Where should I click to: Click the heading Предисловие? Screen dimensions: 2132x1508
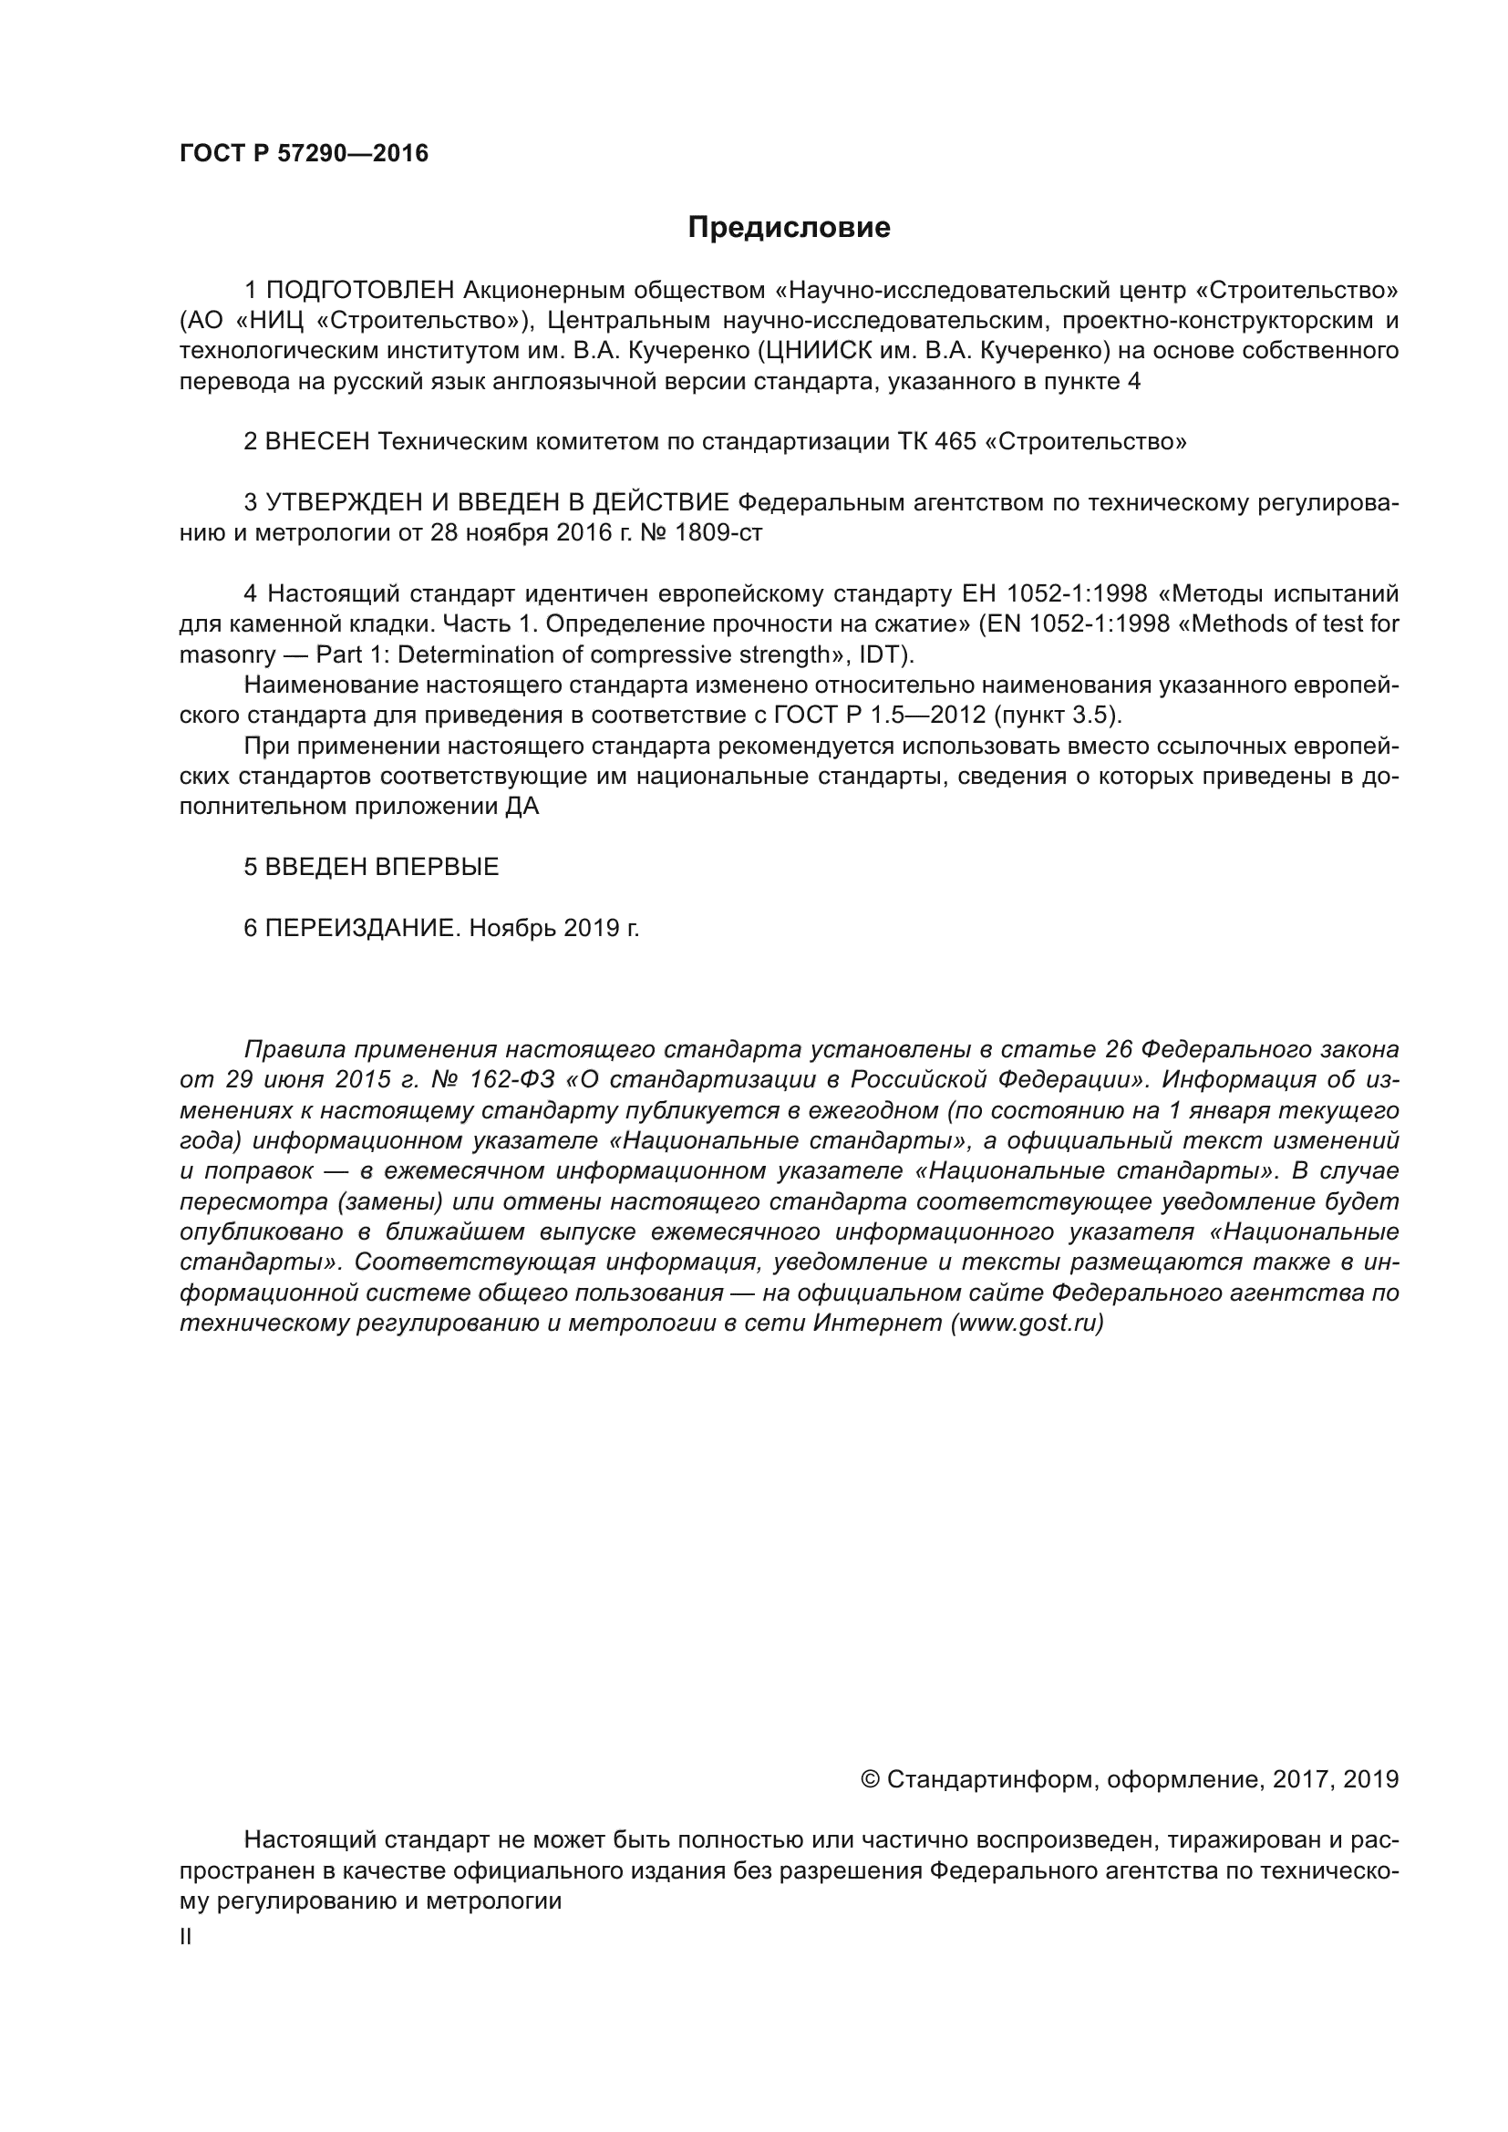pyautogui.click(x=789, y=228)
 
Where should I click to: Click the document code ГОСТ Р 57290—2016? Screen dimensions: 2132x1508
pyautogui.click(x=304, y=154)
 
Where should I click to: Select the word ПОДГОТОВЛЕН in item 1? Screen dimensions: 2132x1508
pyautogui.click(x=360, y=291)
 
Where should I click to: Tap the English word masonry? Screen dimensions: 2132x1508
pyautogui.click(x=228, y=654)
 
